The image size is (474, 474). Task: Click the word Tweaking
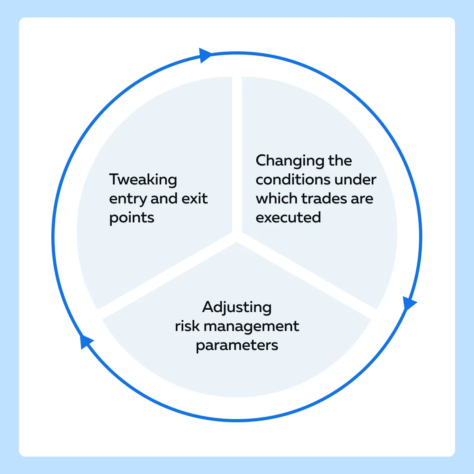point(143,180)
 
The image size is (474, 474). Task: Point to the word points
point(132,218)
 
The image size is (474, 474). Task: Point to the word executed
point(288,217)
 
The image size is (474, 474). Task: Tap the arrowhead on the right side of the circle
point(409,303)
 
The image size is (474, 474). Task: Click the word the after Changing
point(340,161)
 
